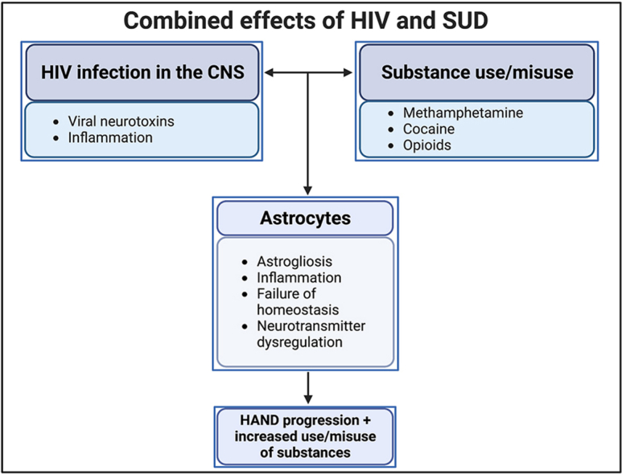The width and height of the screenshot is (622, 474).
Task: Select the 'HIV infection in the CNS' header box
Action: tap(142, 73)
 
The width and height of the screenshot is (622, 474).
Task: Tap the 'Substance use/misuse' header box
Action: tap(477, 73)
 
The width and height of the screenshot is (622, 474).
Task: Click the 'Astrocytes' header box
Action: tap(305, 219)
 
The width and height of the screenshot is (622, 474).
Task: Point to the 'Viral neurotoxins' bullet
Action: tap(123, 122)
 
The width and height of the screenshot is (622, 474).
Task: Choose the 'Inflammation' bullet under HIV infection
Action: tap(111, 137)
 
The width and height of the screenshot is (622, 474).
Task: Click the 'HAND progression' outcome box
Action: tap(305, 435)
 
